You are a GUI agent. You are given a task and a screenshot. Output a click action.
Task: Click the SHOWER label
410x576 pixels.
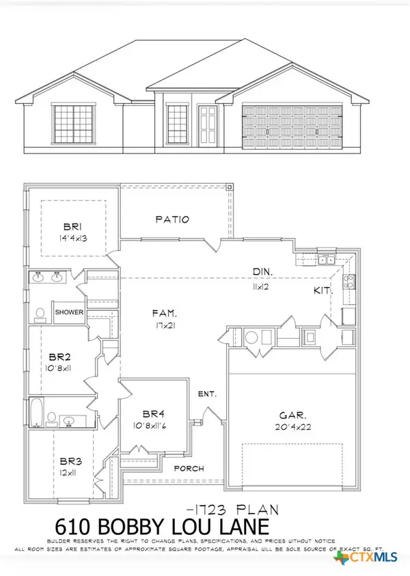[x=70, y=312]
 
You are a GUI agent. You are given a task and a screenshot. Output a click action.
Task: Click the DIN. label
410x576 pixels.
[x=263, y=271]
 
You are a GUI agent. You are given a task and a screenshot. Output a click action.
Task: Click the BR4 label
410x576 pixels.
[x=152, y=413]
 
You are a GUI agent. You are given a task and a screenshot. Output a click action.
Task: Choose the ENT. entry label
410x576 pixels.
[x=207, y=394]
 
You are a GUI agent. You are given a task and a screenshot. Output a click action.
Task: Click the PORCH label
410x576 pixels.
[x=185, y=469]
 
